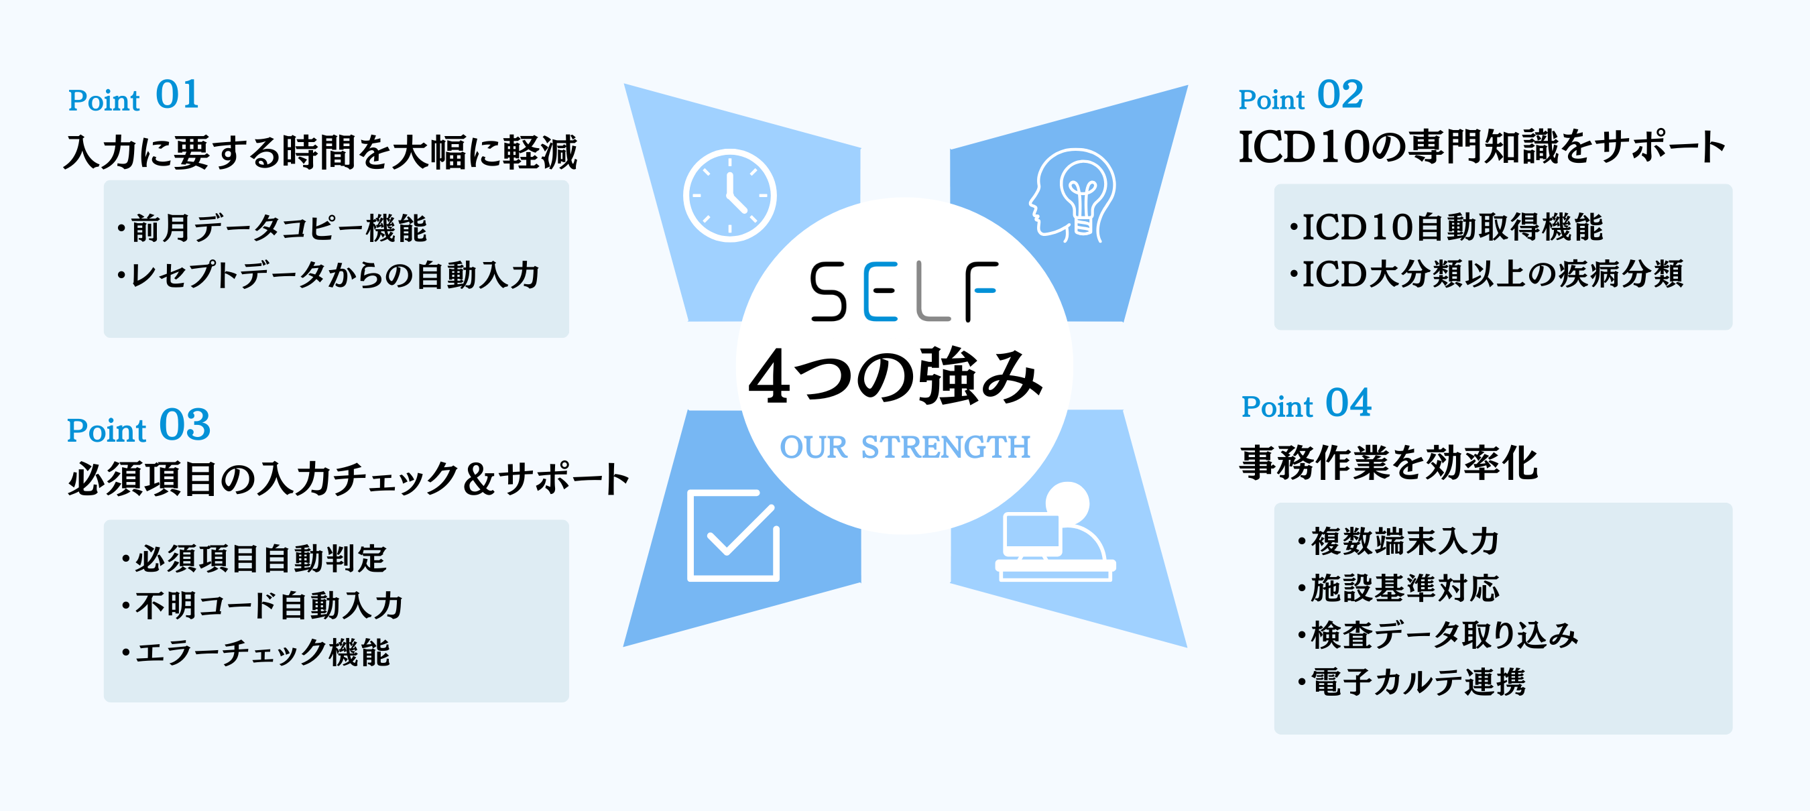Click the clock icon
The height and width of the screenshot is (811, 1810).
coord(729,195)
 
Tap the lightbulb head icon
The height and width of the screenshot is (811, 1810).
coord(1072,194)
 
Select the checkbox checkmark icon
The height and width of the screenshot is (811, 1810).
coord(733,536)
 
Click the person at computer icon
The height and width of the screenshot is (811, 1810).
coord(1055,532)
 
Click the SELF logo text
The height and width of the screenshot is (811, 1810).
coord(904,292)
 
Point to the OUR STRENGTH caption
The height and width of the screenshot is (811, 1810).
coord(905,447)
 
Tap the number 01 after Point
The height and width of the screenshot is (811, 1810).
coord(177,95)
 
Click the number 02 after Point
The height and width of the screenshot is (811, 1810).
coord(1340,95)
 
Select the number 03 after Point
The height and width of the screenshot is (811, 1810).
coord(185,424)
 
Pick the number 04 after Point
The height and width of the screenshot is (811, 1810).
coord(1348,403)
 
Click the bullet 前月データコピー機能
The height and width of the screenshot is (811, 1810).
coord(272,228)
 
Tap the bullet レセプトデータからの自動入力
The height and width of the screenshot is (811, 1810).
coord(328,275)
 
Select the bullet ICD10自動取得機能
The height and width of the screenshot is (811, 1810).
coord(1446,227)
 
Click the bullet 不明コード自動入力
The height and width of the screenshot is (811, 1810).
coord(262,605)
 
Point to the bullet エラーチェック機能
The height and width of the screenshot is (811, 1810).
coord(255,652)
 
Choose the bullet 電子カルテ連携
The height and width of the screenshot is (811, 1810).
coord(1411,682)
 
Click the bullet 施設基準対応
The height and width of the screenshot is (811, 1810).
coord(1398,588)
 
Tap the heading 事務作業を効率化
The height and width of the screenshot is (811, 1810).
coord(1388,463)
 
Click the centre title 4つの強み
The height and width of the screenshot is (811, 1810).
coord(896,377)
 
